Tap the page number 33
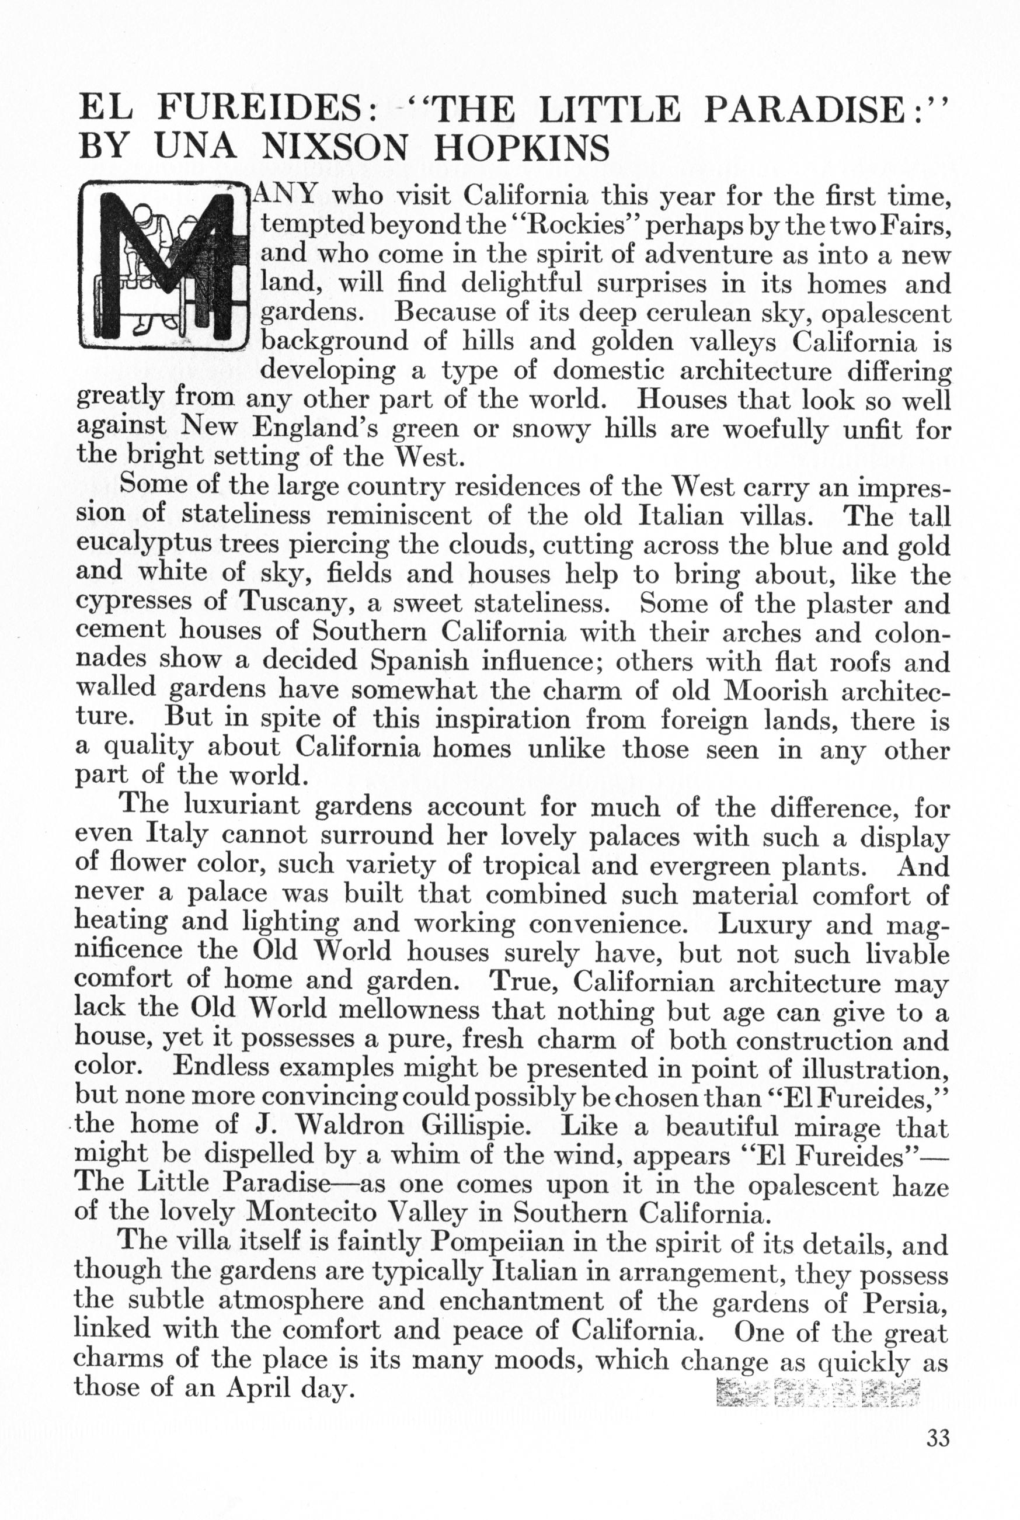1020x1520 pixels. [x=938, y=1438]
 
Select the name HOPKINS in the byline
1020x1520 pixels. [x=521, y=148]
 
